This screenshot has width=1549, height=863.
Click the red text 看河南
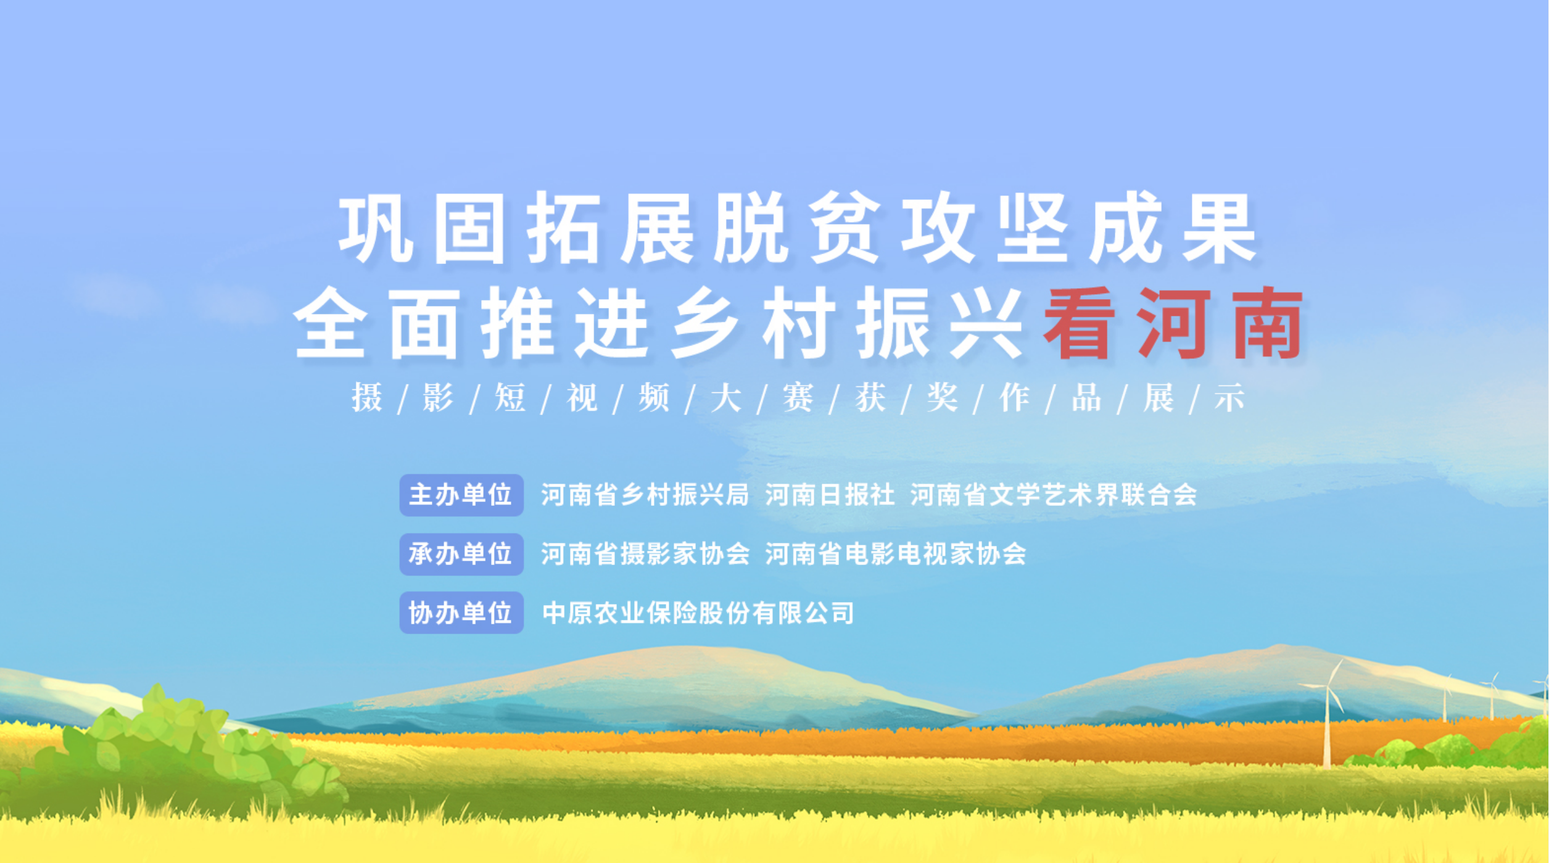(1173, 323)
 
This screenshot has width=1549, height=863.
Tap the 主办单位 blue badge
(461, 495)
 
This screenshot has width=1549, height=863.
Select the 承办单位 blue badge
(461, 554)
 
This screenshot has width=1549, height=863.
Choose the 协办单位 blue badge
(461, 613)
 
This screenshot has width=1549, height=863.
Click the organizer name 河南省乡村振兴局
(645, 495)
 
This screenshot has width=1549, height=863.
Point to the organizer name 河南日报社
(830, 495)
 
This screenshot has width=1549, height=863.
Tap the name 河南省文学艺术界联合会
(1054, 495)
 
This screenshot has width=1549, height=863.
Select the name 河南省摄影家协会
(645, 554)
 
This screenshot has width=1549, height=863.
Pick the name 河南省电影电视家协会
(896, 554)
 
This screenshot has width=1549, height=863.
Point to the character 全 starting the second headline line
(329, 323)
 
